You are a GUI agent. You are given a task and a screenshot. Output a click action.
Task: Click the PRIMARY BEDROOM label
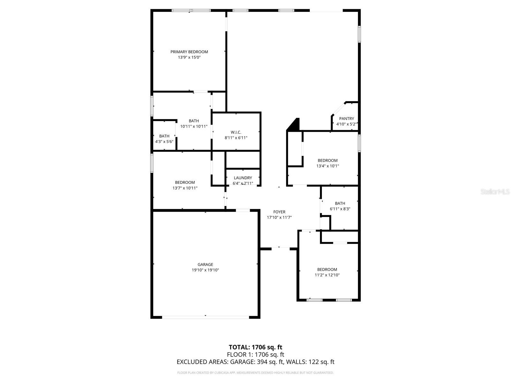point(189,52)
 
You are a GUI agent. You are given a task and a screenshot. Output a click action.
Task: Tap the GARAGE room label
point(205,264)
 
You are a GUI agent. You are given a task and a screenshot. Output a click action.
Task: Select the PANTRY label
point(347,119)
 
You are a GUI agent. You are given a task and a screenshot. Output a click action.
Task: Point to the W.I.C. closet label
point(236,132)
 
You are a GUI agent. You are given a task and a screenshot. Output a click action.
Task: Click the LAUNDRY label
point(243,178)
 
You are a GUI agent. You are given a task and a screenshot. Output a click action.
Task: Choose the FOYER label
point(279,212)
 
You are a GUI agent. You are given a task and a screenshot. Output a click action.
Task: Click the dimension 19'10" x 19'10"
point(205,270)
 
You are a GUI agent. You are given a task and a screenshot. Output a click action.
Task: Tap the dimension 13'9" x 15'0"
point(189,57)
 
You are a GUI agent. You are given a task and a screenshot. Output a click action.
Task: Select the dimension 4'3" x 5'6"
point(164,142)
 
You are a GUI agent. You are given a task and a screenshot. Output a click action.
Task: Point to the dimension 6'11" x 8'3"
point(340,209)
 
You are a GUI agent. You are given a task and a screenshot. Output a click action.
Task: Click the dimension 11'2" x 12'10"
point(327,275)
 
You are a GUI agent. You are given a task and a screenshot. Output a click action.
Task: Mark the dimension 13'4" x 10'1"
point(328,166)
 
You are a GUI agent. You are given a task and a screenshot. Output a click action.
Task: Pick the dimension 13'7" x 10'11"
point(185,188)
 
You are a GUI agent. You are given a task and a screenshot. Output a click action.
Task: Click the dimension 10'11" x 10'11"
point(194,126)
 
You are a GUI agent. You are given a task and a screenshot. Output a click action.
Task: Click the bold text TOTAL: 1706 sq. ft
point(256,347)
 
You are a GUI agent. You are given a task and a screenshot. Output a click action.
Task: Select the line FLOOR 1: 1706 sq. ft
point(256,355)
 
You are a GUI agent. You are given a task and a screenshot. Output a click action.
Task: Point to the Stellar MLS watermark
point(495,191)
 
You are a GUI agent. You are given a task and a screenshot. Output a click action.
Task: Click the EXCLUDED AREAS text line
point(256,362)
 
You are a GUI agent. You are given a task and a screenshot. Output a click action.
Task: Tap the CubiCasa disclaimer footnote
point(256,373)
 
